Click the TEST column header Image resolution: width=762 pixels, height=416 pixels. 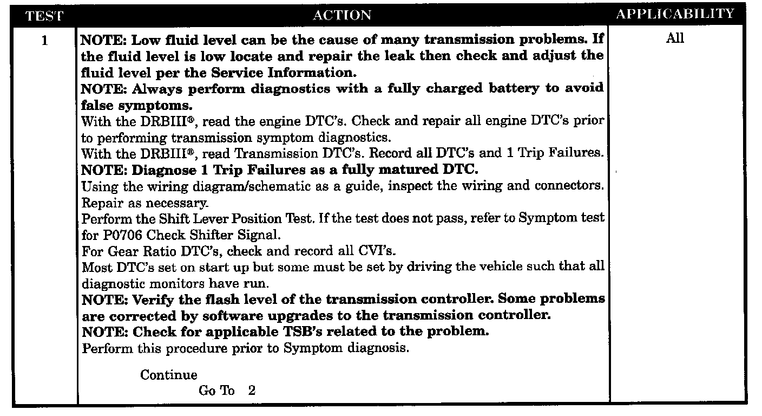pyautogui.click(x=44, y=16)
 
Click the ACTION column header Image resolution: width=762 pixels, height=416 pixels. pyautogui.click(x=342, y=15)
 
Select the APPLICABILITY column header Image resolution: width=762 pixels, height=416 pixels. pyautogui.click(x=675, y=14)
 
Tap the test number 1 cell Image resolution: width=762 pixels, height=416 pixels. pyautogui.click(x=44, y=41)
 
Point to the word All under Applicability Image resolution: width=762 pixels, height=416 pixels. pyautogui.click(x=675, y=38)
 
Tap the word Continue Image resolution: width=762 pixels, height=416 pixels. pyautogui.click(x=169, y=375)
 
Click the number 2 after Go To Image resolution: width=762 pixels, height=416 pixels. pyautogui.click(x=252, y=390)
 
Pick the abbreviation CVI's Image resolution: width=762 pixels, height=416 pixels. pyautogui.click(x=377, y=251)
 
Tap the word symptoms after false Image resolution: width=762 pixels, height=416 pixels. pyautogui.click(x=155, y=106)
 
